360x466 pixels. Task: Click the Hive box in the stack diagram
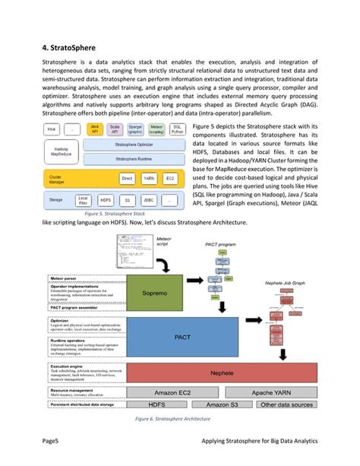click(x=52, y=128)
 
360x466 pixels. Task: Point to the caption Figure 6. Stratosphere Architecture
click(x=179, y=418)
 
